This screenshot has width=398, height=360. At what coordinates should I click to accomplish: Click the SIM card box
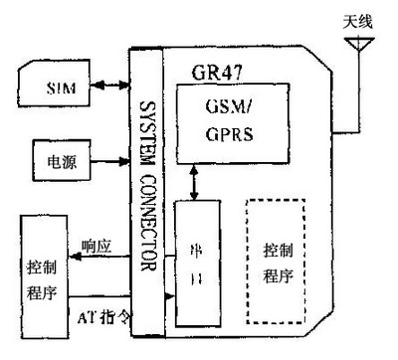click(x=60, y=88)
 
